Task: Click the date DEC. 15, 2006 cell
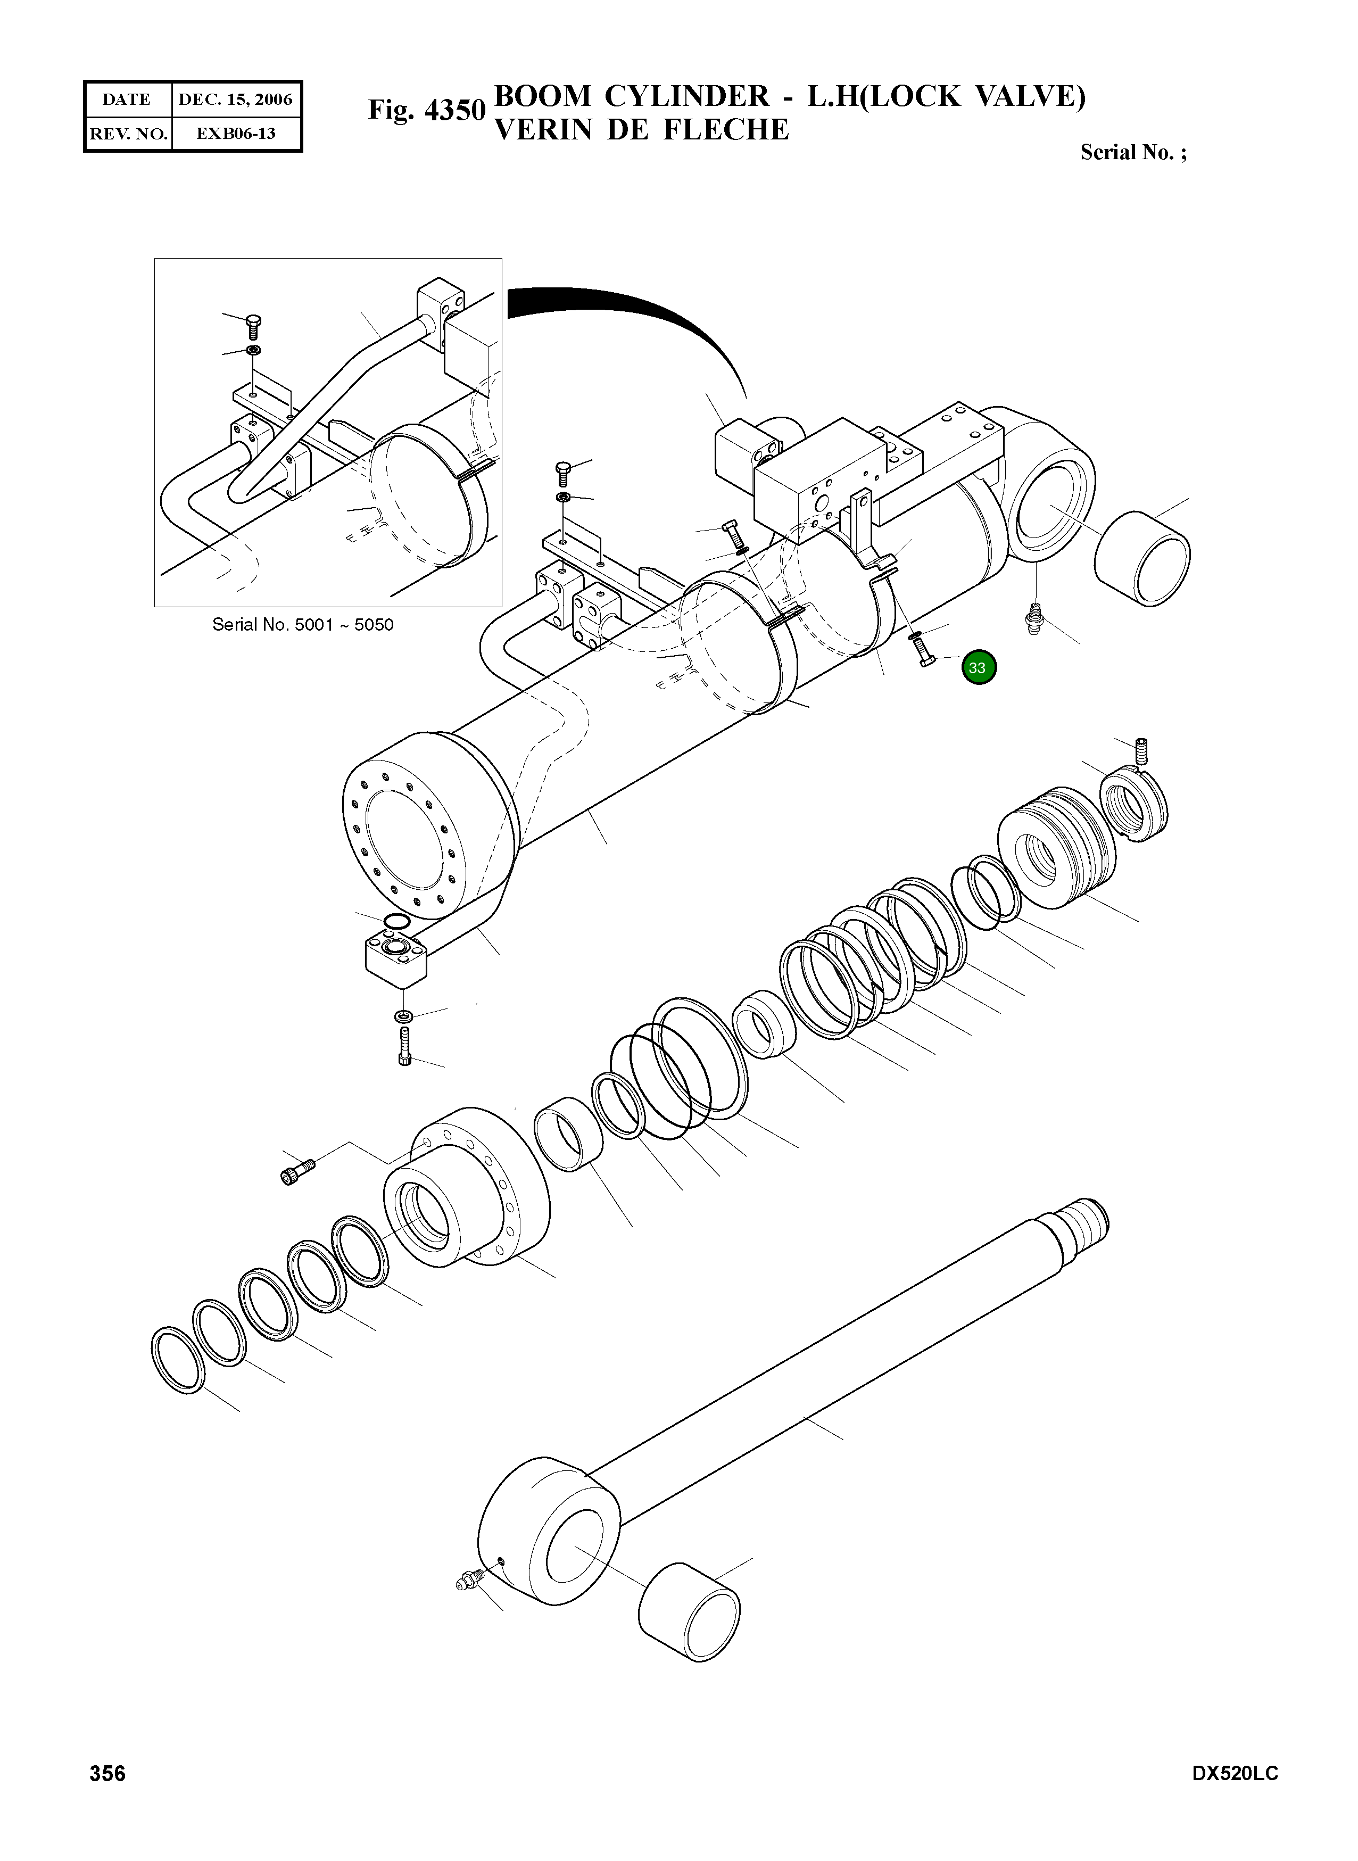[x=235, y=100]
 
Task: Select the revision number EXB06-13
[x=235, y=133]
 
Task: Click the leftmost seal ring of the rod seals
[x=178, y=1360]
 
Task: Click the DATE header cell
[x=127, y=100]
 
